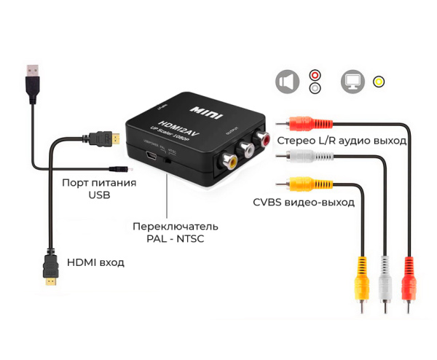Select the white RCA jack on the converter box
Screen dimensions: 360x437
pyautogui.click(x=247, y=149)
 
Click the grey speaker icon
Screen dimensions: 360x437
pyautogui.click(x=287, y=82)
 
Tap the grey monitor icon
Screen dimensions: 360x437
pyautogui.click(x=353, y=82)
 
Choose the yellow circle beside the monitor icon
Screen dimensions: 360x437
pyautogui.click(x=379, y=82)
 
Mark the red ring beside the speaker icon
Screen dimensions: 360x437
pyautogui.click(x=315, y=74)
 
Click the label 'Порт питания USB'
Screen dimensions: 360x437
pyautogui.click(x=99, y=189)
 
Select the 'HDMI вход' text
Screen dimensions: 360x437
pyautogui.click(x=95, y=262)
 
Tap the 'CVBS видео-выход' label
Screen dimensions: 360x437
pyautogui.click(x=304, y=202)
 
